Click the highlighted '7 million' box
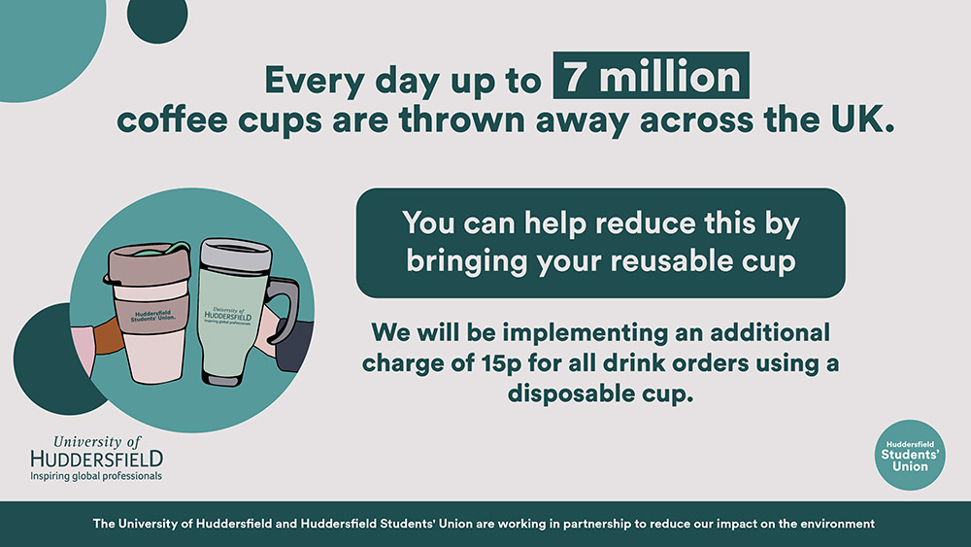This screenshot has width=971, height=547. [651, 76]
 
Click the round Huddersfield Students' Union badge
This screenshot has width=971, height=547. [910, 455]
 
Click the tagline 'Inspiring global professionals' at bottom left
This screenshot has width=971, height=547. [96, 476]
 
